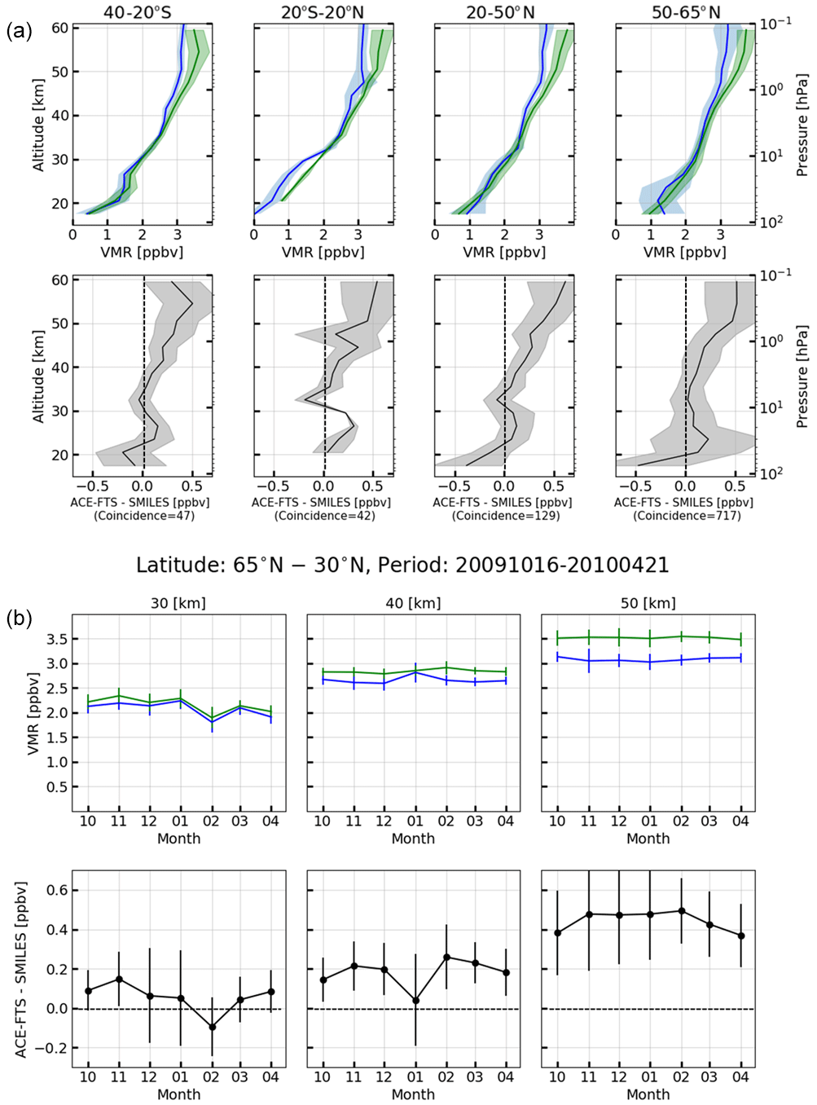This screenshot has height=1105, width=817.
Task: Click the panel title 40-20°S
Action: [x=143, y=12]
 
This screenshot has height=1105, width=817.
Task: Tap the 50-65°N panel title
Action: [x=686, y=12]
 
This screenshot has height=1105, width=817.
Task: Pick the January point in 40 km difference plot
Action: [x=415, y=1001]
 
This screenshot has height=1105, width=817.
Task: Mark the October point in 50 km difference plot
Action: [x=558, y=933]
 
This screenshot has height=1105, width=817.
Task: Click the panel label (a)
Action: [x=19, y=32]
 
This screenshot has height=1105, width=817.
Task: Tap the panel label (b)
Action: [x=19, y=619]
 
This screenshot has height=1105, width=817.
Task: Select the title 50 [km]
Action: [x=648, y=604]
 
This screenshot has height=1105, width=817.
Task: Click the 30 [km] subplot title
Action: [x=178, y=604]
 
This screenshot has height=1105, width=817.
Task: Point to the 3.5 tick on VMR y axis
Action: [x=56, y=640]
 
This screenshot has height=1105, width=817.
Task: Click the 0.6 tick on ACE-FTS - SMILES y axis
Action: [x=56, y=891]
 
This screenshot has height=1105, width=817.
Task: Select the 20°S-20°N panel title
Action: [x=324, y=12]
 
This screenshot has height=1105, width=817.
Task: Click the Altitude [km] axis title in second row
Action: [x=38, y=376]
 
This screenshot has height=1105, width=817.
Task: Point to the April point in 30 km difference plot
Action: [x=271, y=992]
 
